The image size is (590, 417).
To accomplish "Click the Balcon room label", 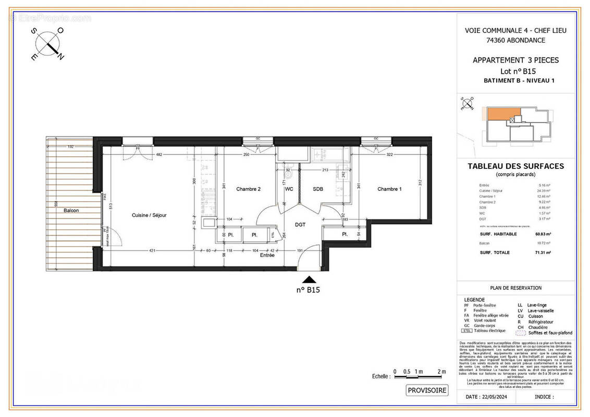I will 71,210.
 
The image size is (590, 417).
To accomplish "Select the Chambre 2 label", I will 248,189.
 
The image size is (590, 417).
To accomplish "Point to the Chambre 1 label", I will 389,189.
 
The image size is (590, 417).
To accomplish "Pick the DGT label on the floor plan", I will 300,225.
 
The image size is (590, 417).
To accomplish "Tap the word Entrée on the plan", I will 267,255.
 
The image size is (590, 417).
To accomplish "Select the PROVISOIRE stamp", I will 427,390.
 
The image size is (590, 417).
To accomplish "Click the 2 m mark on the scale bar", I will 442,371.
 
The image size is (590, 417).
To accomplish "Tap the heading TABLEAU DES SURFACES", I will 515,166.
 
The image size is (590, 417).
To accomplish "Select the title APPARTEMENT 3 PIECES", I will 515,60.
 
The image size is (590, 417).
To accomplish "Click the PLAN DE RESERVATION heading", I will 515,288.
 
